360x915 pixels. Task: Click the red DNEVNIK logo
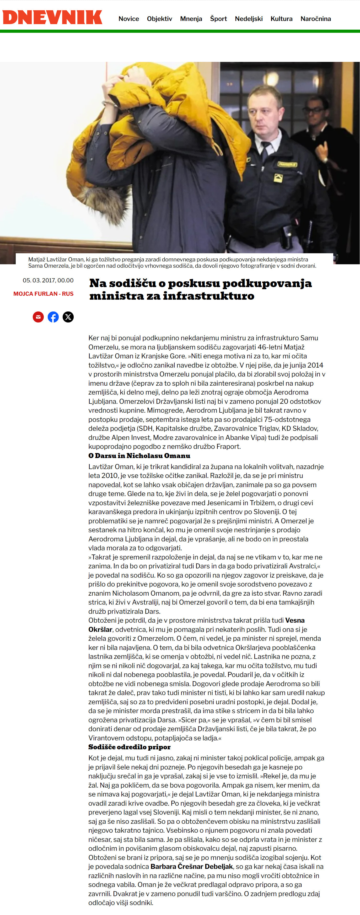(52, 17)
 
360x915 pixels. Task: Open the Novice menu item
(129, 19)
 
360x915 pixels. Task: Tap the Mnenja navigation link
(191, 19)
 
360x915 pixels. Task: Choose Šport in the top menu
(218, 19)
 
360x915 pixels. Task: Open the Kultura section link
(281, 19)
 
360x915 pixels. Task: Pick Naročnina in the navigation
(316, 19)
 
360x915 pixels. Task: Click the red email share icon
(38, 317)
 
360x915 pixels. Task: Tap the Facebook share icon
(53, 317)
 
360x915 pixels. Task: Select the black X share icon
(68, 317)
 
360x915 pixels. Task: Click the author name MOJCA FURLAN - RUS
(43, 294)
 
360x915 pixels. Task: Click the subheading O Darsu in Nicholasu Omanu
(139, 456)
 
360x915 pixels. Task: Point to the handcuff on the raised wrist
(110, 104)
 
